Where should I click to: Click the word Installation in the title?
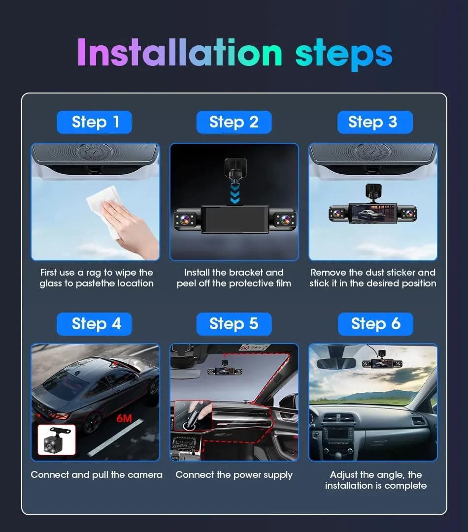click(180, 53)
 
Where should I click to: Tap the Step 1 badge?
click(95, 122)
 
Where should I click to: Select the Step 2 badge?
click(234, 122)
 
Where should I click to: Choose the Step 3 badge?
click(374, 122)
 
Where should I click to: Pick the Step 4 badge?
click(95, 324)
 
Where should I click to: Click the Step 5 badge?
click(234, 324)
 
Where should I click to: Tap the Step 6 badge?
click(375, 324)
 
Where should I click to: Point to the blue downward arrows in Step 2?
click(234, 193)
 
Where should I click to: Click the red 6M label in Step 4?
click(124, 419)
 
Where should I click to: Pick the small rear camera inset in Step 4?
click(57, 439)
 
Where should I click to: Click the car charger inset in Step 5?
click(193, 416)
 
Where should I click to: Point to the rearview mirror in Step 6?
click(336, 363)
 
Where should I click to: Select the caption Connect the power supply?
click(234, 475)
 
